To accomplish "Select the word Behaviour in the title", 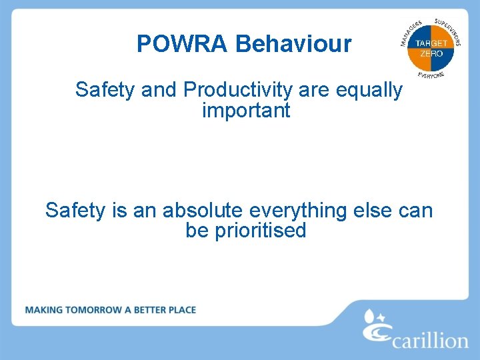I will tap(293, 44).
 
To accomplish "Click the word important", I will tap(246, 110).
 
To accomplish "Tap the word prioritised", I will tap(261, 231).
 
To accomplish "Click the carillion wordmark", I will tap(429, 341).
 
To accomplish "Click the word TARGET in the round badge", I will tap(431, 44).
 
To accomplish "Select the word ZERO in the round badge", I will tap(431, 53).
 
